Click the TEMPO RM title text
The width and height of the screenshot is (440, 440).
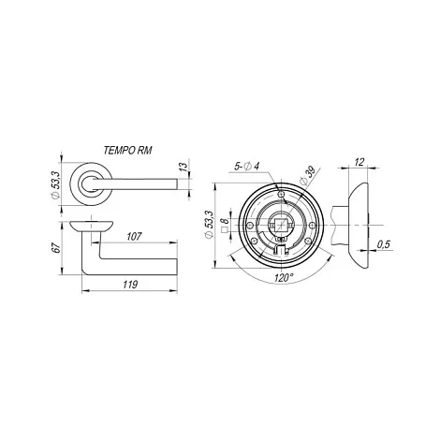pos(127,151)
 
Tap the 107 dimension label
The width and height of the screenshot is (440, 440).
pos(134,236)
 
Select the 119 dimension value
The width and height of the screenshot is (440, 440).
pos(130,285)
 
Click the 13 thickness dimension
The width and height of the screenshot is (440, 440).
pos(184,166)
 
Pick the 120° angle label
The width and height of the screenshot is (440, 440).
pos(284,277)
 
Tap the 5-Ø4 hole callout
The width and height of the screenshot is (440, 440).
pos(246,167)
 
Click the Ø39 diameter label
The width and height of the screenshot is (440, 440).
pos(307,177)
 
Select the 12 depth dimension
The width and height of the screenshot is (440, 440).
pos(359,162)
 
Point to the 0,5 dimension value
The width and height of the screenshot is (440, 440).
pos(383,244)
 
